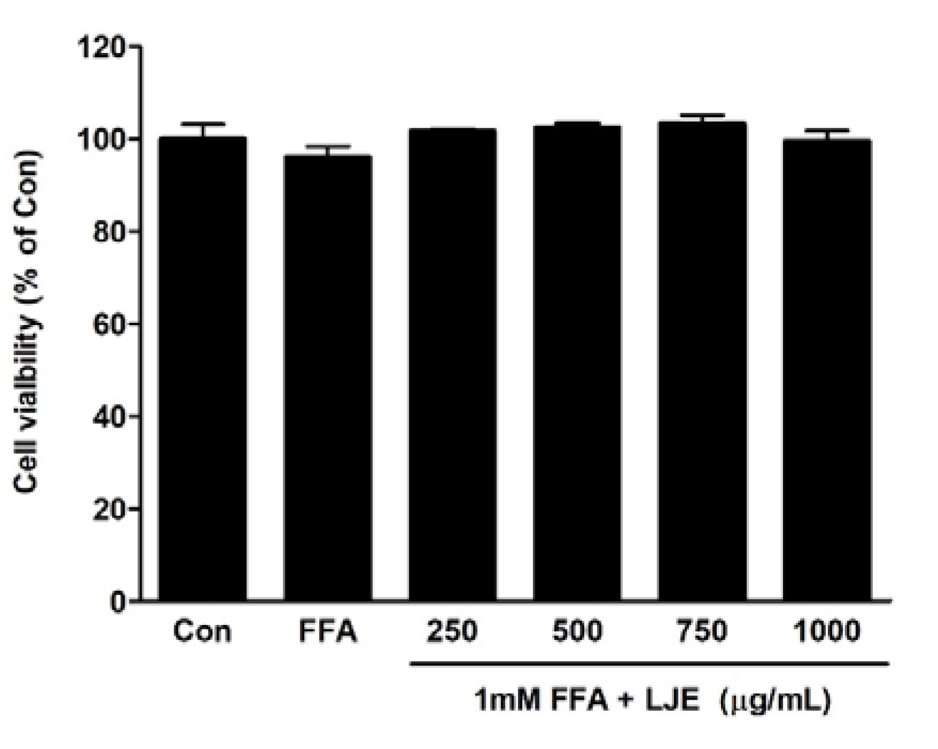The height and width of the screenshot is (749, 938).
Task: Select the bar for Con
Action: tap(203, 369)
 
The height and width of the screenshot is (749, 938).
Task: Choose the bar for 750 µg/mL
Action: tap(702, 361)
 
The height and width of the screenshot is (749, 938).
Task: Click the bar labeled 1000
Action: tap(827, 369)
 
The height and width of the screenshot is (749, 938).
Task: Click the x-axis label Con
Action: tap(203, 631)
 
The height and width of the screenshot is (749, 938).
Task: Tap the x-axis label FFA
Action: tap(328, 631)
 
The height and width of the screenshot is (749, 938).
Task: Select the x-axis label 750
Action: tap(702, 631)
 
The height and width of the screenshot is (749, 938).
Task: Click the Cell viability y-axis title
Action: tap(27, 321)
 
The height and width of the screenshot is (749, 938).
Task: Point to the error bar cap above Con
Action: tap(203, 124)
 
